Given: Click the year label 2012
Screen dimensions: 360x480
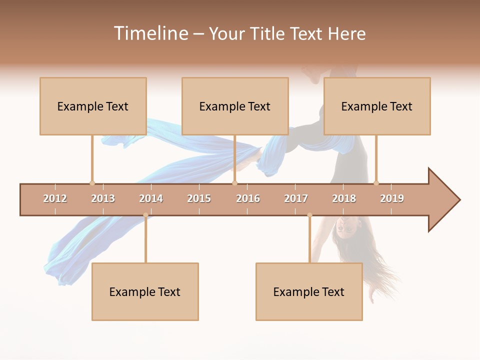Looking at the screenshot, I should [x=55, y=198].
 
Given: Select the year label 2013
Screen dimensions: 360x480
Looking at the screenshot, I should [x=103, y=198].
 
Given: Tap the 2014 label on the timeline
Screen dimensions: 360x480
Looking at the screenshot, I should [x=151, y=198].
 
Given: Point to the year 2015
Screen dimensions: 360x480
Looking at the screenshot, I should [x=199, y=198].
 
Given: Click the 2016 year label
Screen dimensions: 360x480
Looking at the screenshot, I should [x=248, y=198].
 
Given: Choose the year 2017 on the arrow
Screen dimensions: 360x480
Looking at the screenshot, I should [x=296, y=198].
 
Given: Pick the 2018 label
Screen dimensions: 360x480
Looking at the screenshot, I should [x=344, y=198].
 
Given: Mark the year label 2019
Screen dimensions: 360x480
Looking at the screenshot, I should [x=392, y=198].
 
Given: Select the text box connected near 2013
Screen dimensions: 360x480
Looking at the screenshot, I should [x=93, y=106].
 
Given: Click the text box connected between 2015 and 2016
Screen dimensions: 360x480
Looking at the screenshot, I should [x=235, y=106].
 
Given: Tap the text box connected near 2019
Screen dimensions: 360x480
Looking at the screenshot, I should [x=377, y=106].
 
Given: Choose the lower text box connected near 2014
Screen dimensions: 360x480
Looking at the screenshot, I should [x=145, y=291].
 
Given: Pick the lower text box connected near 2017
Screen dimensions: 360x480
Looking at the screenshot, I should [x=309, y=291].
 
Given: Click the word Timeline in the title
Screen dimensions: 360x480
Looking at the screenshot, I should [x=150, y=33].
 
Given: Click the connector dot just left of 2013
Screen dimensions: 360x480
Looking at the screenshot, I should [x=92, y=183].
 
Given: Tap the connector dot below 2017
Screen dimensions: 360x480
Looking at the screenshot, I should [x=309, y=215].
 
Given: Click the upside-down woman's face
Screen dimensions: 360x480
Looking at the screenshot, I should [x=345, y=226].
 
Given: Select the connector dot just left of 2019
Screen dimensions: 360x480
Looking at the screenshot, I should [x=376, y=183].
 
